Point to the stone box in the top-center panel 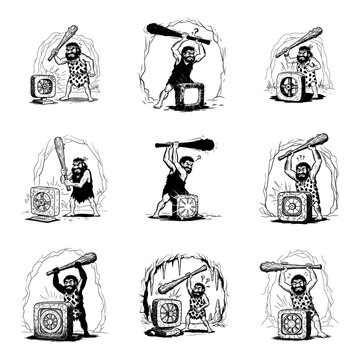tap(189, 95)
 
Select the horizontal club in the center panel tap(184, 145)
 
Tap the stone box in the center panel tap(186, 209)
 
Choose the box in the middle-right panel tap(290, 204)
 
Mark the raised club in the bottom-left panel tap(74, 264)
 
